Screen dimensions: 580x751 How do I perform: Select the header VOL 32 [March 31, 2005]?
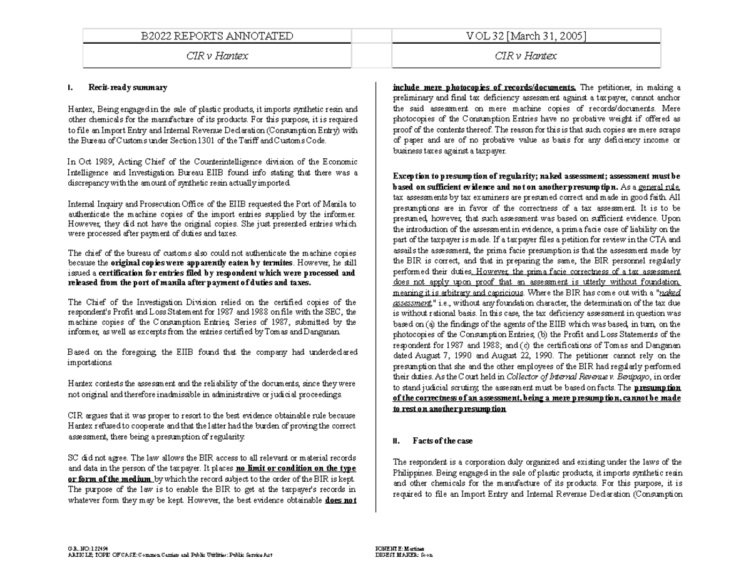click(x=526, y=36)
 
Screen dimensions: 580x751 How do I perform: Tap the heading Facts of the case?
click(x=437, y=441)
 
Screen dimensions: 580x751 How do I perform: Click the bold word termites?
click(x=273, y=263)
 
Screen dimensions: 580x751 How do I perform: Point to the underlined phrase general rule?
click(x=658, y=186)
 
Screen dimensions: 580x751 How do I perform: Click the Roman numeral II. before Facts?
click(x=396, y=441)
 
